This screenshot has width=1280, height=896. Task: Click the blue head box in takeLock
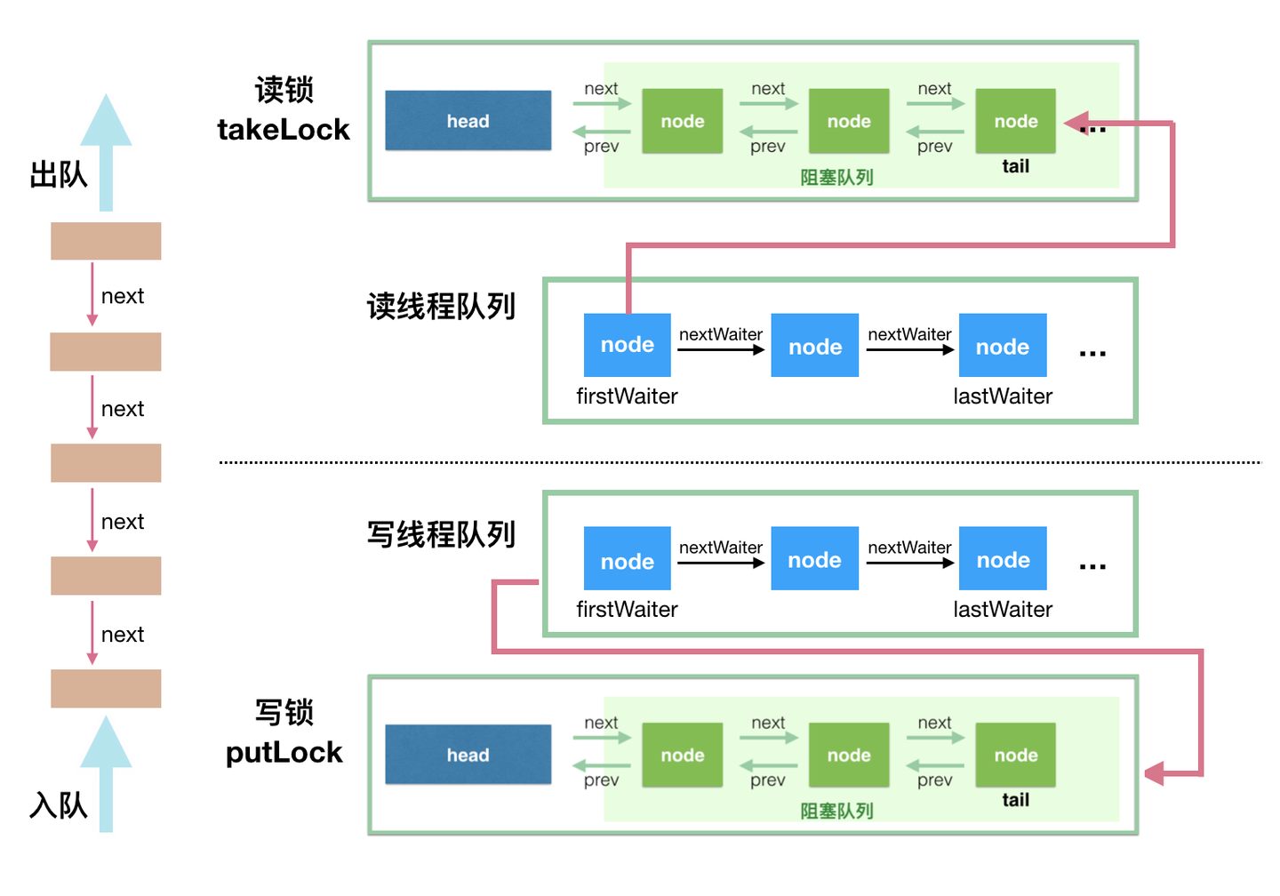(x=468, y=120)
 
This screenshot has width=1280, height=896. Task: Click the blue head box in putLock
(x=468, y=754)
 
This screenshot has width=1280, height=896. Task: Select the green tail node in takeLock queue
(x=1015, y=120)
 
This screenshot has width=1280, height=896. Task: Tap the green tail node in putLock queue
(x=1015, y=754)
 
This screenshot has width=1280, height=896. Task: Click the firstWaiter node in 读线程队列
(x=627, y=345)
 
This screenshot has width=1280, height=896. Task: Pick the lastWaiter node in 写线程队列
(x=1003, y=559)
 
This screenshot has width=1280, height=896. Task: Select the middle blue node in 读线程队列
(x=814, y=346)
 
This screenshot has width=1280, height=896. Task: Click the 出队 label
(x=59, y=174)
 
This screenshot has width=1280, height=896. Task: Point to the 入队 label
(x=59, y=804)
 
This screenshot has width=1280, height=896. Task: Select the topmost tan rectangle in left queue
(x=106, y=241)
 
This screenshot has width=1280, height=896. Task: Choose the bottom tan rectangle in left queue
(x=106, y=688)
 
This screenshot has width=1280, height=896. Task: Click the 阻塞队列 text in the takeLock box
(x=836, y=177)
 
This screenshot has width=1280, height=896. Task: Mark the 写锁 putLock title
(x=284, y=732)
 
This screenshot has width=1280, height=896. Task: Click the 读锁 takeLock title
(x=284, y=110)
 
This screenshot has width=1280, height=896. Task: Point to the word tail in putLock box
(x=1015, y=800)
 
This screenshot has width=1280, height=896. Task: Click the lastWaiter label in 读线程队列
(x=1003, y=396)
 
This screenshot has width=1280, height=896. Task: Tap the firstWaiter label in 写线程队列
(x=627, y=610)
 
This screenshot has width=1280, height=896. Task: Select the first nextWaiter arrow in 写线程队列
(x=720, y=562)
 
